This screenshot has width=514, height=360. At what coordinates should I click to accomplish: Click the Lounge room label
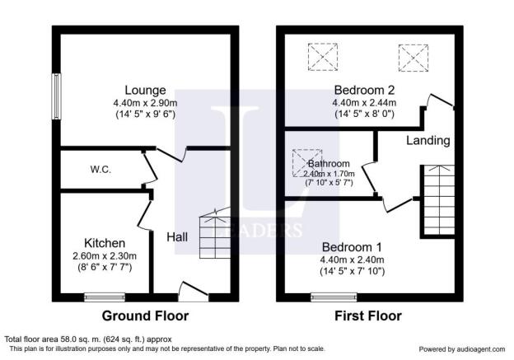click(146, 90)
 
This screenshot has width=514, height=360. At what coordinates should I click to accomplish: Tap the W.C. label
click(101, 170)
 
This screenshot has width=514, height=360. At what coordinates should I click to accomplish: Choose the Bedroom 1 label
click(351, 247)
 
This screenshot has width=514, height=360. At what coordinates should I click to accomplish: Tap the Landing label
click(428, 141)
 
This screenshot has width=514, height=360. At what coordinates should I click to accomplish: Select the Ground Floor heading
click(145, 316)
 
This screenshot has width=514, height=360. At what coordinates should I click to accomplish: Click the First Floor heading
click(368, 316)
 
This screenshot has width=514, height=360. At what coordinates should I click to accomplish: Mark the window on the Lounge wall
click(57, 96)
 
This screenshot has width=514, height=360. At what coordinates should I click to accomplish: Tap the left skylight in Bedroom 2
click(324, 56)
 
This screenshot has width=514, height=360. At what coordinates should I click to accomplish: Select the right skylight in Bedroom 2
click(414, 56)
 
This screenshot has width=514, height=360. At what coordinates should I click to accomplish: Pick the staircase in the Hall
click(213, 233)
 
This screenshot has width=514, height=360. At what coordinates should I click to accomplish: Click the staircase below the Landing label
click(437, 199)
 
